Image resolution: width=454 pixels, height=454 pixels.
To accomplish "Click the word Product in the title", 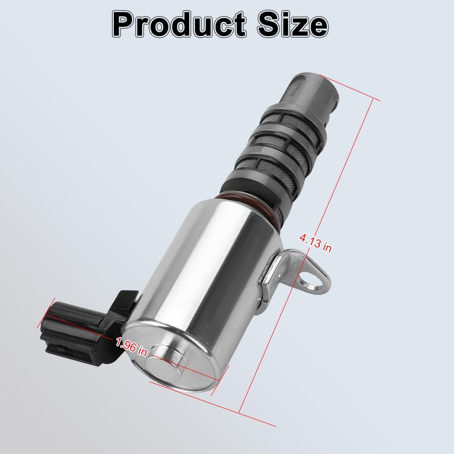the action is click(179, 24).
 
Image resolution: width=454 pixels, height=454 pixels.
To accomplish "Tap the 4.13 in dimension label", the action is click(316, 243).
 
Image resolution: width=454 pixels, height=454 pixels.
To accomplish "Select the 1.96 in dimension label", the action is click(132, 347).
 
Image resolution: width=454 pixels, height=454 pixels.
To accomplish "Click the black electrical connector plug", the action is click(87, 327).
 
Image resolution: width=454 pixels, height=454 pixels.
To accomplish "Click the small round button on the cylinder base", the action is click(162, 364).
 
